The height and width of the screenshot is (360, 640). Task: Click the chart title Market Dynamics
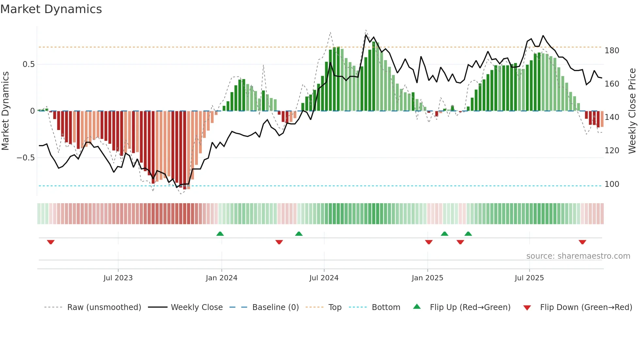click(51, 9)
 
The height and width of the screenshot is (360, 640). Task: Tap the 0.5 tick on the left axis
click(28, 64)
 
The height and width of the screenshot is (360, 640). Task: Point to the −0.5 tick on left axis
click(26, 158)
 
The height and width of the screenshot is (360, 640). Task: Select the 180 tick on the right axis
click(612, 51)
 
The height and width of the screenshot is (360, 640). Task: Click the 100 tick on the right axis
click(612, 184)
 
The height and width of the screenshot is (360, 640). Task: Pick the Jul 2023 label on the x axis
click(118, 278)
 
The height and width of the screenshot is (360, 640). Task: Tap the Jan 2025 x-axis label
click(427, 278)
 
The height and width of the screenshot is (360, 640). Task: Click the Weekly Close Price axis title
click(632, 111)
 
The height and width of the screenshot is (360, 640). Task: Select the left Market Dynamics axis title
click(5, 111)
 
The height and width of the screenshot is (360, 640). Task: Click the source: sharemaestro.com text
click(578, 256)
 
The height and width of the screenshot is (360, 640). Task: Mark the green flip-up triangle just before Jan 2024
click(220, 234)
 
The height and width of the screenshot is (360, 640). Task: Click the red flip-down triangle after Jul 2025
click(582, 242)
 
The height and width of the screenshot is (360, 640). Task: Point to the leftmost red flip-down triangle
click(51, 242)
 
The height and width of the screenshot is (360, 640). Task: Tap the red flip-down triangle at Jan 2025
click(429, 242)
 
